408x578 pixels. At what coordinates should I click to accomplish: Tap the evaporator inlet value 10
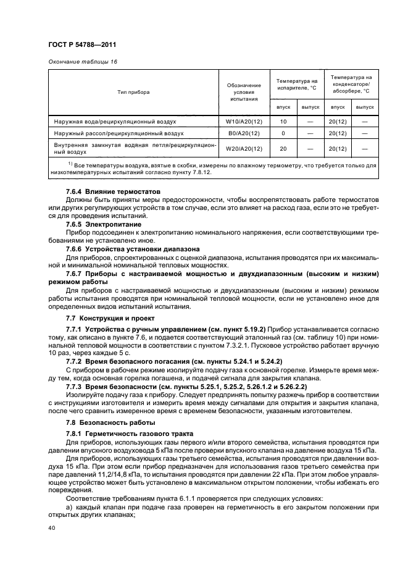(x=283, y=122)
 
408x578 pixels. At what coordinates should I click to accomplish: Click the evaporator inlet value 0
(x=283, y=133)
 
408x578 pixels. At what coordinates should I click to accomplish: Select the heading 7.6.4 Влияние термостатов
(x=113, y=192)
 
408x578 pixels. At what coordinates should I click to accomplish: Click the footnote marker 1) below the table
(x=71, y=164)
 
